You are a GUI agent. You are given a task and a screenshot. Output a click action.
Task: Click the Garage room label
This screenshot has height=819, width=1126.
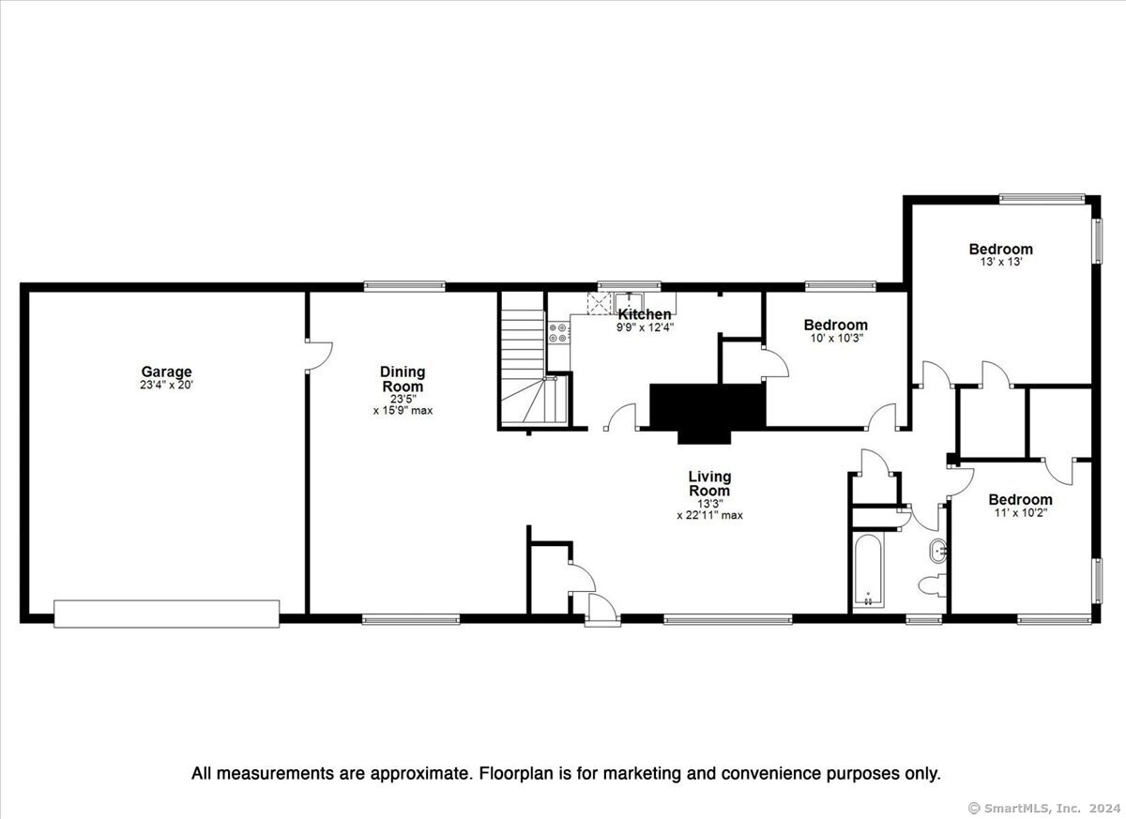[166, 372]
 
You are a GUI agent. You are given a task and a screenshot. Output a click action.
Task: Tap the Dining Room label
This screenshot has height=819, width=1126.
[403, 379]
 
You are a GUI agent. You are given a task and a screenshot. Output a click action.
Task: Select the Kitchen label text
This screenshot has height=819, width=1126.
[645, 314]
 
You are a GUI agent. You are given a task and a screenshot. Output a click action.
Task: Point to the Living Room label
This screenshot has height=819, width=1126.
[709, 483]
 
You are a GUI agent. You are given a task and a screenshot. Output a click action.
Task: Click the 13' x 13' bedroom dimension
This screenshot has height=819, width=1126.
[1001, 262]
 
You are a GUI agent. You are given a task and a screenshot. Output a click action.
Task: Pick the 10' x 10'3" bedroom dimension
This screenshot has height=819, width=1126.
[836, 338]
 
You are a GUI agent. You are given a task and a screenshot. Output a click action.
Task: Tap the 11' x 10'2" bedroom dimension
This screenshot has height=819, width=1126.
[1021, 513]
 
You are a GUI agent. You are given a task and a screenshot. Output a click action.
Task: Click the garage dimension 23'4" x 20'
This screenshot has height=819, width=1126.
[166, 386]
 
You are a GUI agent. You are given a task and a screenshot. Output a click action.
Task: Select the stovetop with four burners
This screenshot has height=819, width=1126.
[559, 333]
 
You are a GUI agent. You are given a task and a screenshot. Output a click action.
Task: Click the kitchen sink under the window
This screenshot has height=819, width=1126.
[629, 303]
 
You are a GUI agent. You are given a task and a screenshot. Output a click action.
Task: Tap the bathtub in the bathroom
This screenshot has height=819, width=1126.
[868, 569]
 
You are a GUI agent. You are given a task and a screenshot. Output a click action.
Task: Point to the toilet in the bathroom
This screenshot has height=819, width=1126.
[932, 584]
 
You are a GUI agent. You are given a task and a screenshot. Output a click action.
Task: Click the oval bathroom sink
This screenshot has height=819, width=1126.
[938, 552]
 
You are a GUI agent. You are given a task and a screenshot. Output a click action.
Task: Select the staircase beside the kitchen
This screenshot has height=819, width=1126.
[535, 359]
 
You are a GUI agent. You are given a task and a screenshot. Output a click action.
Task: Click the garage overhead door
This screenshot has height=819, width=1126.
[166, 614]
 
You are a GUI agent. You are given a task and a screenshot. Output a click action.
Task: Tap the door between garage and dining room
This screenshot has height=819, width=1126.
[319, 356]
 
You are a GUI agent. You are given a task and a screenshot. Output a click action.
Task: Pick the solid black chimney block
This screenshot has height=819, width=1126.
[708, 413]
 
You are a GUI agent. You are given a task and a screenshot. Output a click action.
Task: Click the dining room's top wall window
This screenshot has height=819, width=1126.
[404, 286]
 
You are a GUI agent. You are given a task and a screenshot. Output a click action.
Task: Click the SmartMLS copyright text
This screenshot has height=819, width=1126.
[1044, 808]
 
